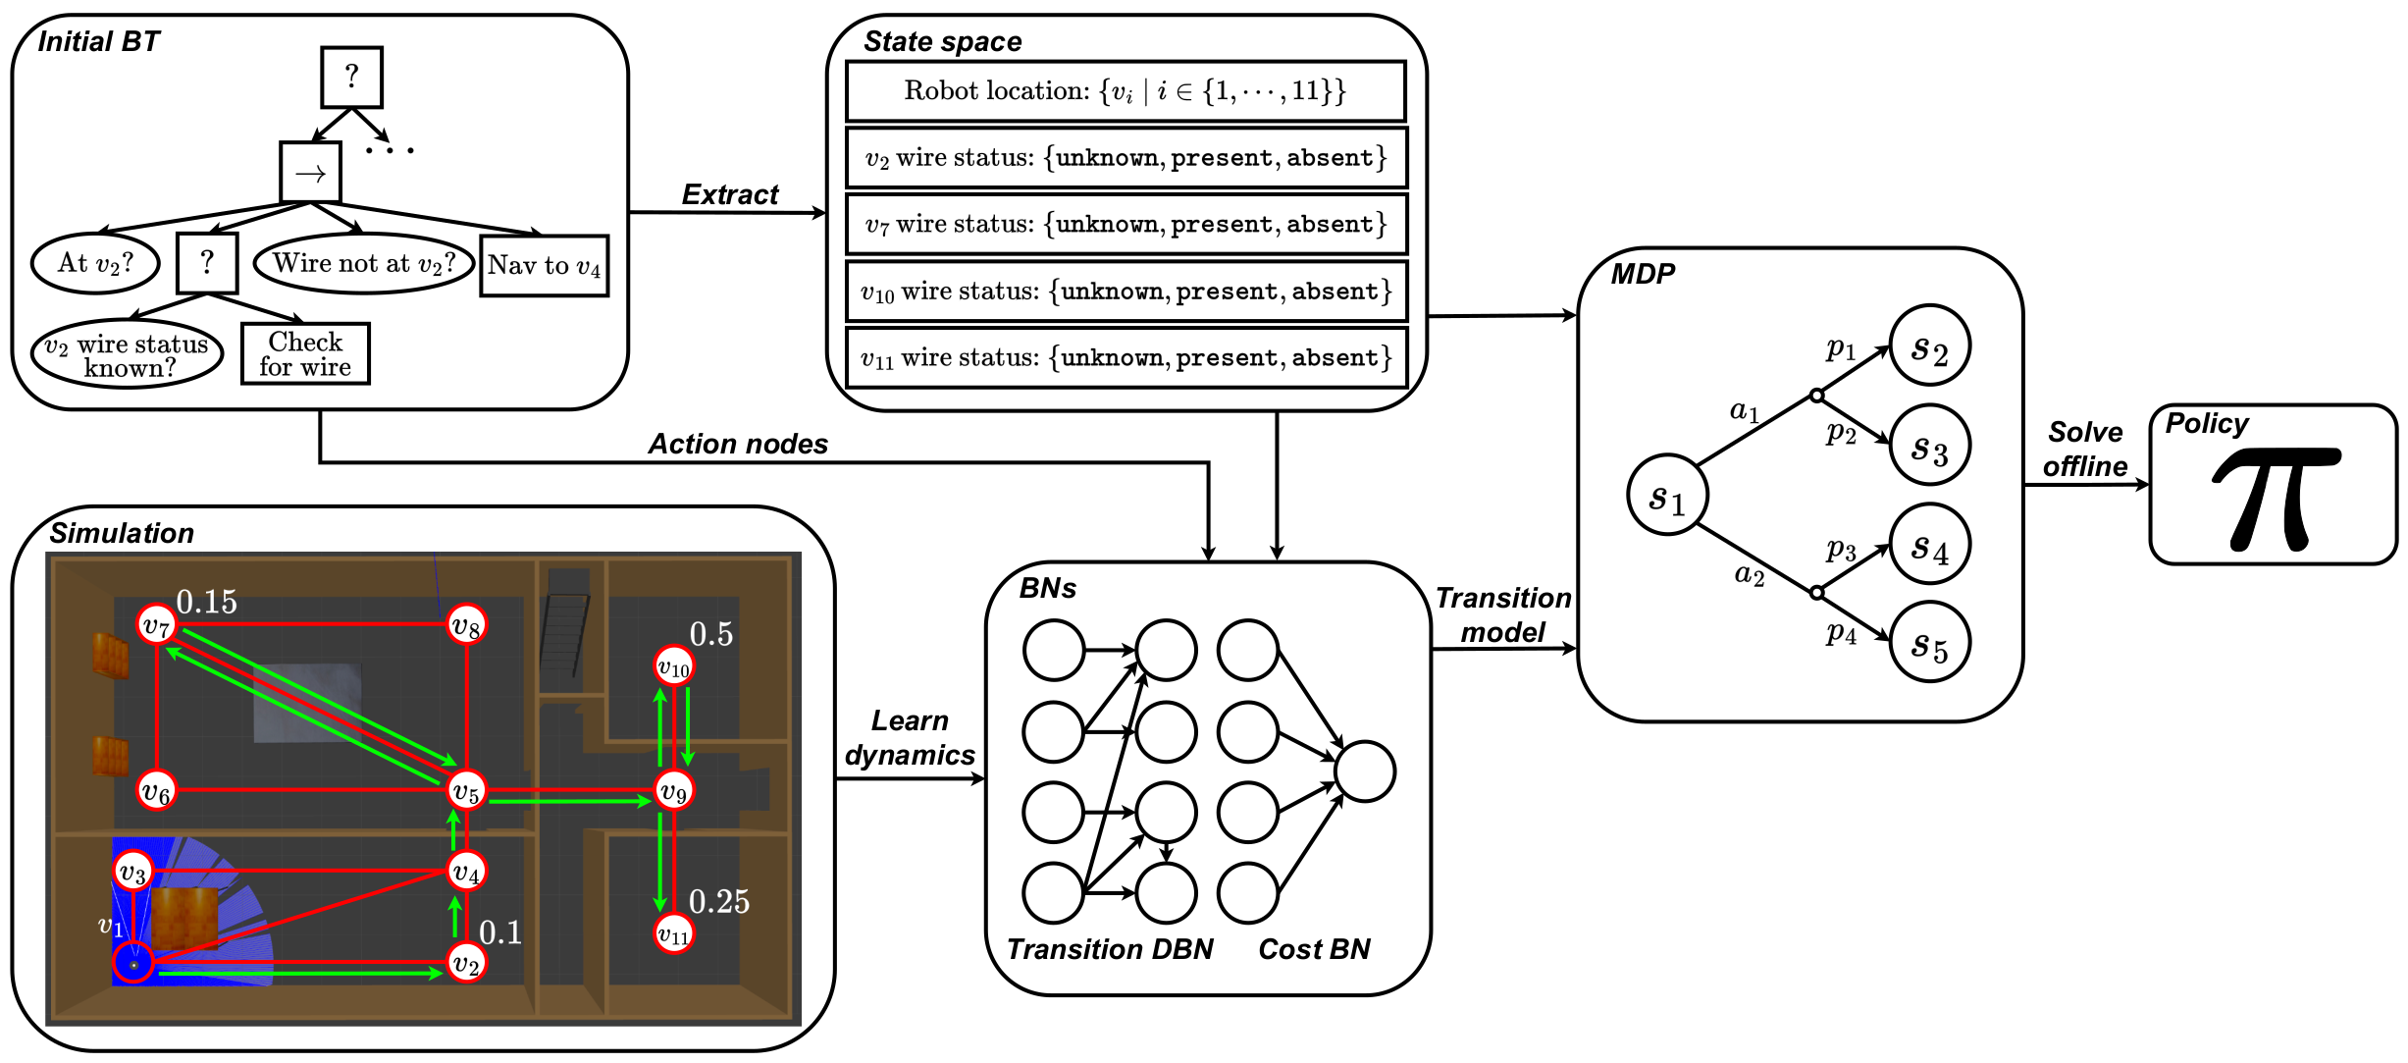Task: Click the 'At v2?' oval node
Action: [x=95, y=263]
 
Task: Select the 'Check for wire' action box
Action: [x=305, y=354]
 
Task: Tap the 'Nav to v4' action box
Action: [x=544, y=266]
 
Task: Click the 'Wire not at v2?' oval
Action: [x=363, y=263]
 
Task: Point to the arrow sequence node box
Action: [x=310, y=174]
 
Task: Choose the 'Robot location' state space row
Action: [x=1125, y=91]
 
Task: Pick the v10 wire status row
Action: [x=1125, y=292]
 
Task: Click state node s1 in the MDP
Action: [x=1666, y=496]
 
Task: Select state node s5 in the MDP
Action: [x=1929, y=643]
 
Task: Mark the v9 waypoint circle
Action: [x=673, y=791]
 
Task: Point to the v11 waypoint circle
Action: [x=673, y=933]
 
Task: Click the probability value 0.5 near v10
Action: [x=710, y=635]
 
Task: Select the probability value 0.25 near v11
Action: [x=718, y=902]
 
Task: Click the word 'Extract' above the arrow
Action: [x=729, y=194]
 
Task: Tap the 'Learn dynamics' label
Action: [x=910, y=738]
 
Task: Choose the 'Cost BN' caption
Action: [x=1314, y=949]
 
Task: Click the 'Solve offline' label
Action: [x=2085, y=450]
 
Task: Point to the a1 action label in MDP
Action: [x=1744, y=411]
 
